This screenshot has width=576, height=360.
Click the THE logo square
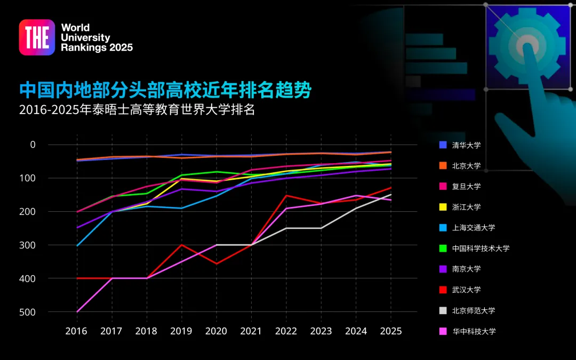37,37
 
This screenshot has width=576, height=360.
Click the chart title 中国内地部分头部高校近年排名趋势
165,90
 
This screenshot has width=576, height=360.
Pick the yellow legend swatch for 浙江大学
443,207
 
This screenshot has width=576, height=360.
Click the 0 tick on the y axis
33,145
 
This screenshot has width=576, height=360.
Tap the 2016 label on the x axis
77,331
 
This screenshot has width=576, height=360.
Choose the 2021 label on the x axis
251,331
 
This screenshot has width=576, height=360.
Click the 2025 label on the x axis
391,331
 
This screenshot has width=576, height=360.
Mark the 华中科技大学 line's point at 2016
77,311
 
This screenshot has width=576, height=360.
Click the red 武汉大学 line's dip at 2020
217,263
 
